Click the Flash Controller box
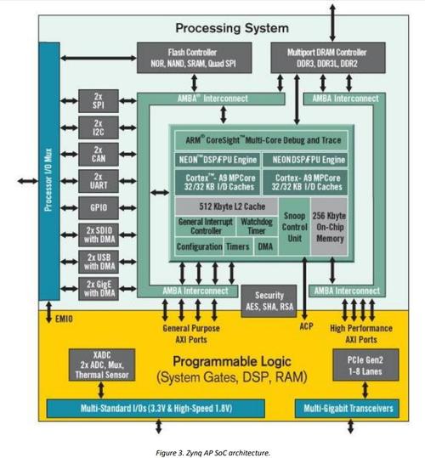point(195,58)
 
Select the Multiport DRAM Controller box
point(328,58)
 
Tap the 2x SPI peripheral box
point(99,101)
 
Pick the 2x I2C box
point(99,127)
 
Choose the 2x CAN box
point(99,155)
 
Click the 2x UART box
point(99,181)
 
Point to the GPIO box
point(99,207)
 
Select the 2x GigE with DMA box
point(99,289)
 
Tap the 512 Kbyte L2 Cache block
point(226,206)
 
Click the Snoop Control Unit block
point(294,227)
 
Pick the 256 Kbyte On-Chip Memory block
point(329,227)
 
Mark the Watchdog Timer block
point(257,226)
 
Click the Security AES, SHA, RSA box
point(269,301)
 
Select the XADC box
point(102,365)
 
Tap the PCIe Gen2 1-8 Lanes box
point(365,365)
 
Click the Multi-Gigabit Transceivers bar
point(347,409)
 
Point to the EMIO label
point(64,319)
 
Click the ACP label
point(306,326)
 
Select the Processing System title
point(232,28)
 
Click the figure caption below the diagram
point(213,453)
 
